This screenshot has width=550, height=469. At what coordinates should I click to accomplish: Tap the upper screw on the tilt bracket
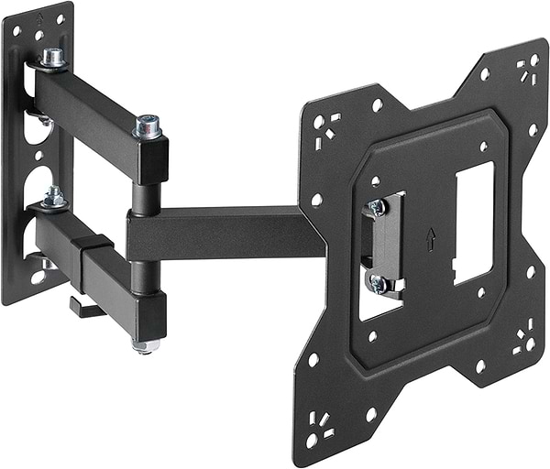(377, 208)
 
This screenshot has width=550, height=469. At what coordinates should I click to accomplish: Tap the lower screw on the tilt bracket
(378, 284)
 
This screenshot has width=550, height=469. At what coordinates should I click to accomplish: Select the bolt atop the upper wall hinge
(53, 58)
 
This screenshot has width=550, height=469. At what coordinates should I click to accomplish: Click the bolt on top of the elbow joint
(148, 126)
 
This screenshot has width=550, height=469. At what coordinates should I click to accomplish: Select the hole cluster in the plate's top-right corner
(527, 69)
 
